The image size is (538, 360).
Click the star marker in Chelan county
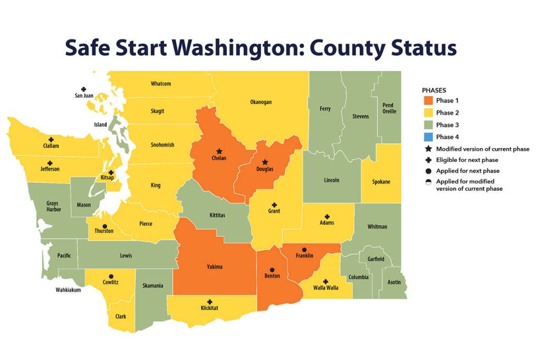coord(219,151)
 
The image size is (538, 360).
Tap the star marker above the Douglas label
coord(265,162)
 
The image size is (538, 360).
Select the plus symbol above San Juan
coord(83,89)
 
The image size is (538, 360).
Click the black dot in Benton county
coord(272,270)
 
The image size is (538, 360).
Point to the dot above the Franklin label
coord(304,249)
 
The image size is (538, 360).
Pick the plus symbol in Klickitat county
coord(210,302)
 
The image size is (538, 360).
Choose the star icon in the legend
coord(428,149)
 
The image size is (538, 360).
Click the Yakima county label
coord(214,267)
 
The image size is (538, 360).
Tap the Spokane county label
coord(381,182)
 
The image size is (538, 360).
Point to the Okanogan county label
coord(261,102)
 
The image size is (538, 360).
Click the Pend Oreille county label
coord(389,108)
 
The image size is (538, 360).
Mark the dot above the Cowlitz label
coord(111,276)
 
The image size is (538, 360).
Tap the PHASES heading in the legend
coord(434,90)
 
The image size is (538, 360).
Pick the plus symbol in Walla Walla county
coord(325,282)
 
